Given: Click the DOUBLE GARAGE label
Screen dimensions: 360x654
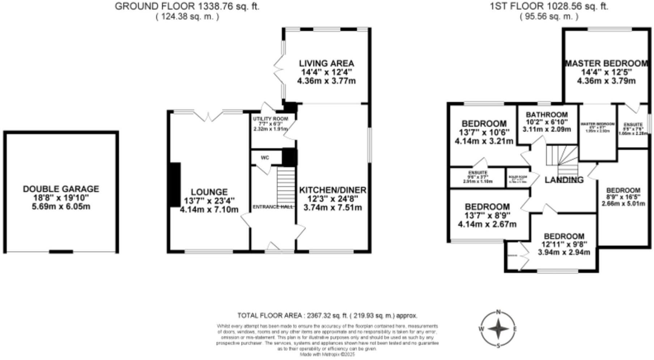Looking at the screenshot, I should point(61,189).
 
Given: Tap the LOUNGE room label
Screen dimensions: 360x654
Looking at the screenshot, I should point(209,192).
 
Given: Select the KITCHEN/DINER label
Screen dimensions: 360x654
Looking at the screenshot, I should point(332,190).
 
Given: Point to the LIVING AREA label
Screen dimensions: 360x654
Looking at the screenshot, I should point(326,63).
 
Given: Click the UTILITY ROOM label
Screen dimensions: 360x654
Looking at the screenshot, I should point(271,119).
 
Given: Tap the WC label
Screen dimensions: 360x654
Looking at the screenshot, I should point(265,158).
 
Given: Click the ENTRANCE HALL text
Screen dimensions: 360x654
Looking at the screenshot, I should point(273,207).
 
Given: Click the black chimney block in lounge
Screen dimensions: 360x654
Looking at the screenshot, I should point(175,185).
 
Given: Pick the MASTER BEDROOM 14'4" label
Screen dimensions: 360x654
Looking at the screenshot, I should point(606,64).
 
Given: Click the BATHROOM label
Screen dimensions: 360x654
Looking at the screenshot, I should point(547,115).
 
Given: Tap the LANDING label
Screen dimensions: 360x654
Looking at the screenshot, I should point(564,180).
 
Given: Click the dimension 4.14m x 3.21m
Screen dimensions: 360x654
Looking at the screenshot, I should point(484,141).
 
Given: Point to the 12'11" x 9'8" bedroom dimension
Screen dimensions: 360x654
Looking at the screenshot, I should point(564,244).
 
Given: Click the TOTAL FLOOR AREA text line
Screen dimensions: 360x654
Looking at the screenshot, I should point(327,315).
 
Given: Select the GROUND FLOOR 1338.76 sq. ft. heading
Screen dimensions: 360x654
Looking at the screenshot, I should point(187,6).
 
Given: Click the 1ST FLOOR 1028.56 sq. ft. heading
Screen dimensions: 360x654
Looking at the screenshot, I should point(549,6).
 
